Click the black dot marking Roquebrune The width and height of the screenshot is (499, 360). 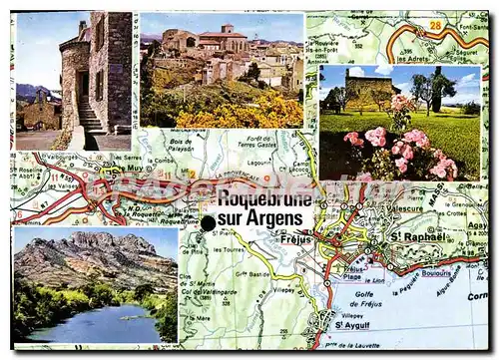tap(208, 223)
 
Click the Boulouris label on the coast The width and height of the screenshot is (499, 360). tap(436, 272)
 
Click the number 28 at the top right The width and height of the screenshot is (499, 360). tap(434, 23)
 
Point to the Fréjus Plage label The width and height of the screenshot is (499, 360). tap(348, 273)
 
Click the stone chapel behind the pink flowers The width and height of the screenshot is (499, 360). tap(369, 90)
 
